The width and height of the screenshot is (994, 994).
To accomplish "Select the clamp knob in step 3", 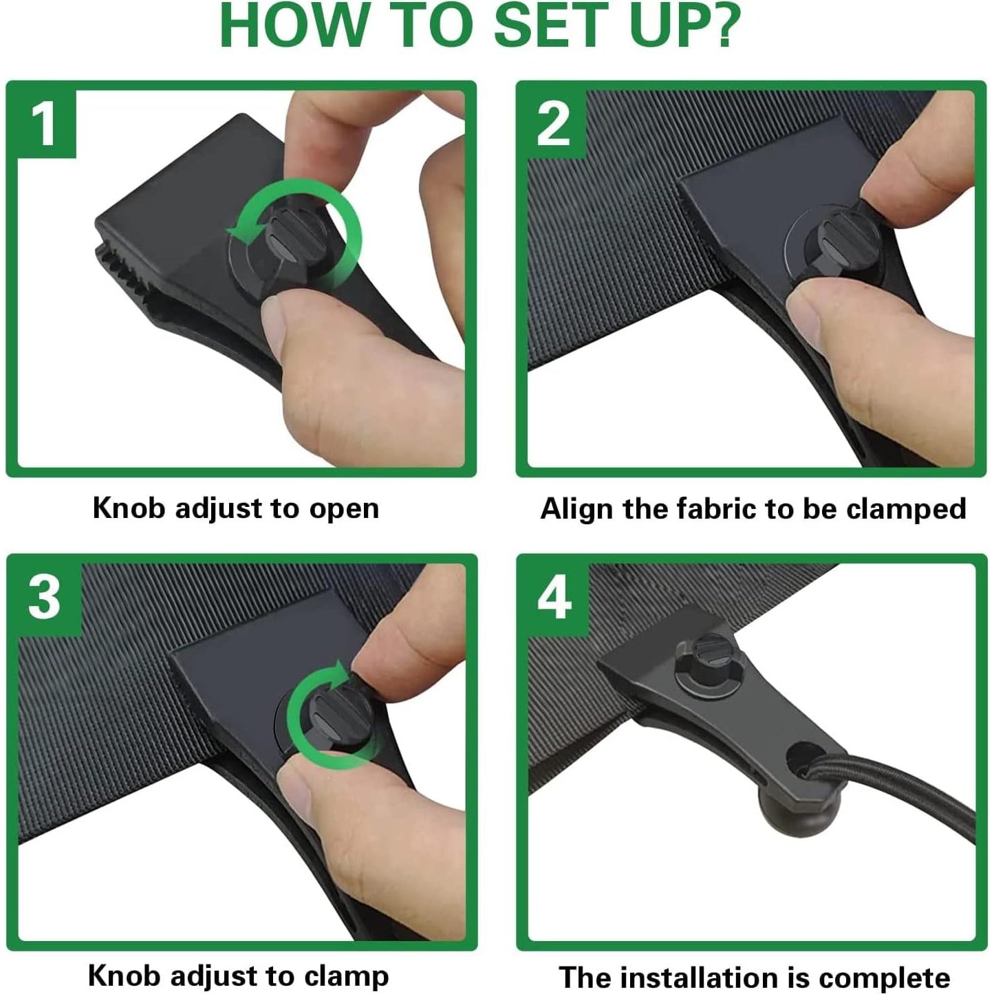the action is point(335,715).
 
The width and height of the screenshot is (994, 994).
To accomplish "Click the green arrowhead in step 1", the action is point(242,235).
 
